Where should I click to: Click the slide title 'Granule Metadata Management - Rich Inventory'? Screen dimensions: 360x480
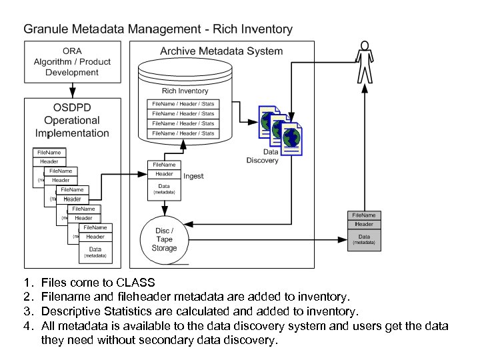tap(158, 29)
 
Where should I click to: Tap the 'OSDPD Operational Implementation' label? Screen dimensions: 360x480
tap(72, 121)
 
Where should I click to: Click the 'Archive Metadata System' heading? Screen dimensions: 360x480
tap(221, 51)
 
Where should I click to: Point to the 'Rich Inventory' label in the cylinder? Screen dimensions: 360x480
tap(185, 91)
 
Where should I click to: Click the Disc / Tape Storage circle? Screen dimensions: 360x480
tap(164, 239)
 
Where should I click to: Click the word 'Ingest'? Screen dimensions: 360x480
tap(193, 176)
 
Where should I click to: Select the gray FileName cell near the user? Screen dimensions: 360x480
tap(364, 215)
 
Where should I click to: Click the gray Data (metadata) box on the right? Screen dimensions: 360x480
tap(364, 239)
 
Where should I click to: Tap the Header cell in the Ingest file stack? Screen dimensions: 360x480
tap(164, 174)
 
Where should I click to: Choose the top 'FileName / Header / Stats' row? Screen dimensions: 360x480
tap(183, 104)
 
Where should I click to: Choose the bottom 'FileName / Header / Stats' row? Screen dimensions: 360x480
tap(183, 133)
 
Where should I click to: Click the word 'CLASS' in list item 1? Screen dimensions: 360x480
tap(135, 283)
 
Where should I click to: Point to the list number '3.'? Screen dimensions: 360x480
tap(28, 311)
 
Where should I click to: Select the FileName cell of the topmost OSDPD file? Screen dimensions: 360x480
tap(49, 153)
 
